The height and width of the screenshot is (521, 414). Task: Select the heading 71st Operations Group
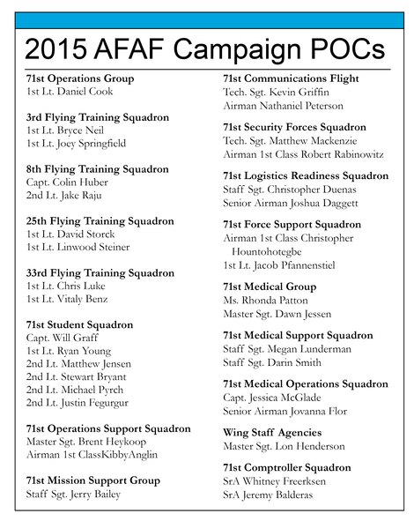click(81, 78)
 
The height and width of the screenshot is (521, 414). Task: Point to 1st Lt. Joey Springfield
click(76, 143)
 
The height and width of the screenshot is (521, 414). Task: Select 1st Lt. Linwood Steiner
click(78, 247)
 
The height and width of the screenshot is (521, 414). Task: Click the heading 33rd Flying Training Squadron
click(100, 273)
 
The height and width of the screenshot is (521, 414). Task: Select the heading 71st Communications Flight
click(291, 78)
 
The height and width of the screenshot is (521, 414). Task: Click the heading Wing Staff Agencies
click(272, 433)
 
